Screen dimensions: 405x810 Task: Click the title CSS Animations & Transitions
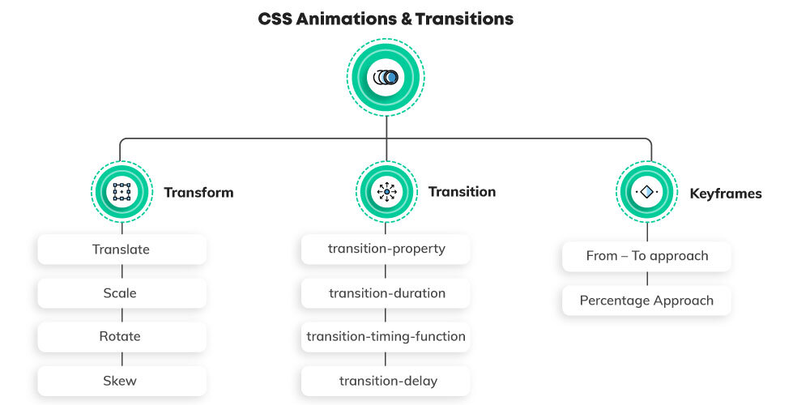click(x=386, y=19)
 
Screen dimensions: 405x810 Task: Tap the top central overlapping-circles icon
click(x=386, y=78)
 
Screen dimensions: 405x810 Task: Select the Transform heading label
click(x=198, y=193)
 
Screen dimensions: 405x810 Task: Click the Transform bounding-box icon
click(x=122, y=192)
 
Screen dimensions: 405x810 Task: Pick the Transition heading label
click(x=462, y=192)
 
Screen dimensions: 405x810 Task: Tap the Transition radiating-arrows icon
click(x=386, y=192)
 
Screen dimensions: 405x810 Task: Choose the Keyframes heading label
click(x=725, y=194)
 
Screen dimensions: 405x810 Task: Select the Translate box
click(x=122, y=249)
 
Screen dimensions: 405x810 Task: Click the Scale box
click(x=122, y=293)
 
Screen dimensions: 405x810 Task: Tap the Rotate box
click(x=122, y=336)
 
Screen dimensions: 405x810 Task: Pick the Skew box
click(x=122, y=381)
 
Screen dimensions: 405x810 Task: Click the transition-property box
click(x=386, y=249)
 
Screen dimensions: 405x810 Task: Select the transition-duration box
click(x=386, y=293)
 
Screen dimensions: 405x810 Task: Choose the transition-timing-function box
click(x=386, y=336)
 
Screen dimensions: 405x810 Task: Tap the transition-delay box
click(x=386, y=381)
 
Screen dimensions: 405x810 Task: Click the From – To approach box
click(x=646, y=256)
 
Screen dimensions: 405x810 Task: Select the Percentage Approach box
click(x=646, y=301)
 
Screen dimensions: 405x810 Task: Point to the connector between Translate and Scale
click(x=122, y=271)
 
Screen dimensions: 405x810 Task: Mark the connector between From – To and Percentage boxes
click(x=646, y=279)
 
